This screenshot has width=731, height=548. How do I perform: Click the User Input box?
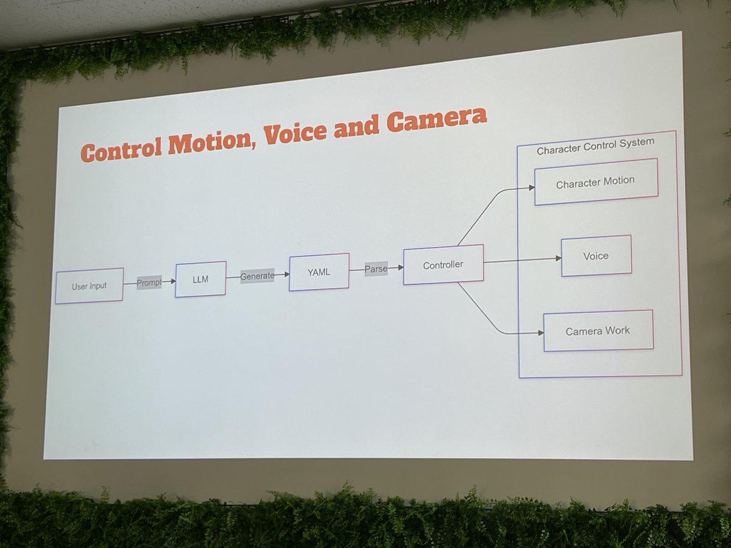pos(89,286)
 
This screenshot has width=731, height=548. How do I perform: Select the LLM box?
pos(200,279)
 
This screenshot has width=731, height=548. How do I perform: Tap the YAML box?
pos(319,272)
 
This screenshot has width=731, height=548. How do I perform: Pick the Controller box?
pos(443,265)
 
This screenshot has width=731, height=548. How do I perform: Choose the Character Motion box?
pos(596,182)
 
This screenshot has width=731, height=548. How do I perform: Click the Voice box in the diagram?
pos(596,256)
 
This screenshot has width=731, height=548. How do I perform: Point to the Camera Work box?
pos(598,331)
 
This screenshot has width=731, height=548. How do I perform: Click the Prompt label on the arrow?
pos(149,283)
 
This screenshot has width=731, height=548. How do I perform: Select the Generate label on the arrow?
pos(257,276)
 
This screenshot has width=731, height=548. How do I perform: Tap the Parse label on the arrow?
pos(376,269)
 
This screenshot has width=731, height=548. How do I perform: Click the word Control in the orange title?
pos(122,149)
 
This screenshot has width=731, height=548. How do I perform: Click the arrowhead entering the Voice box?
pos(557,258)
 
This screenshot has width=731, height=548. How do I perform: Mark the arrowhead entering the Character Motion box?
pos(531,188)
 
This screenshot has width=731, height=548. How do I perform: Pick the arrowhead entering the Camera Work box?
pos(540,333)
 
